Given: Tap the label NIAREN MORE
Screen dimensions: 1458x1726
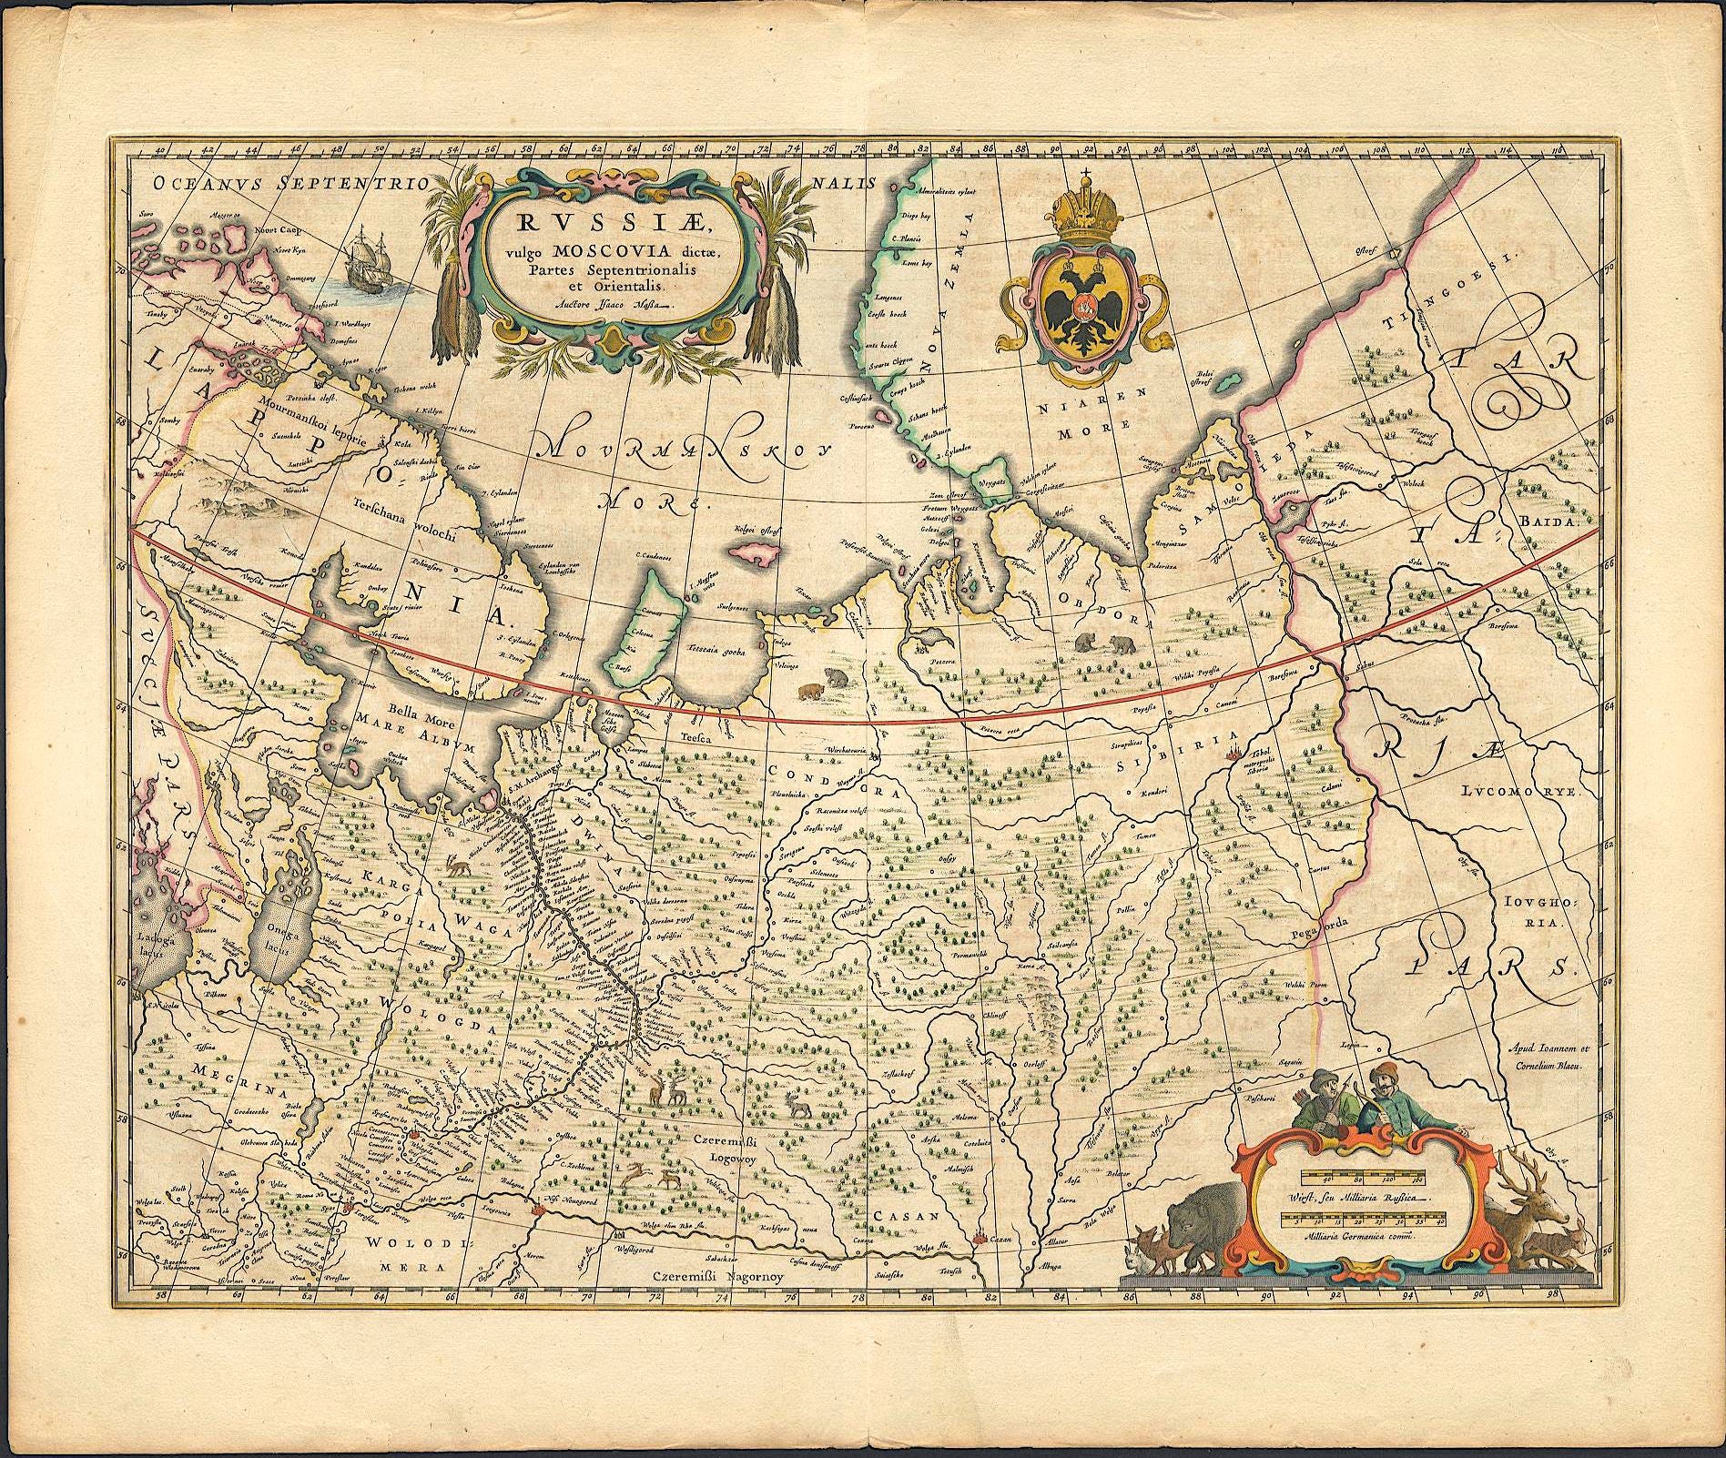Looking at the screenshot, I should [x=1091, y=410].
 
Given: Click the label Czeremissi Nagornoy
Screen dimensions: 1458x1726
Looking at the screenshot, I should [x=718, y=1276].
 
